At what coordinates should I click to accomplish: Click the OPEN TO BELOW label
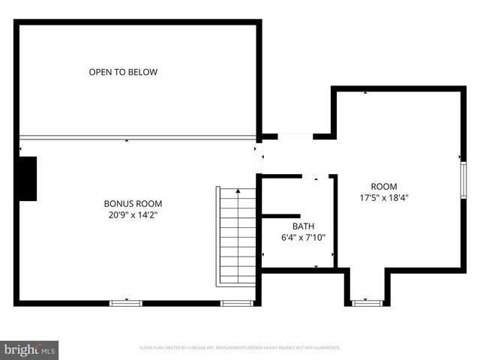(123, 73)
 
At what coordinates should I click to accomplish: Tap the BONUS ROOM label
(133, 203)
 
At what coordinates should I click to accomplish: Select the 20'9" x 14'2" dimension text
(133, 214)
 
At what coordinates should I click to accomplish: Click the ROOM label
(384, 187)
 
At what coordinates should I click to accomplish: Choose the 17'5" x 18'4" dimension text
(384, 198)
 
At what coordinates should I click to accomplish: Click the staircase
(237, 235)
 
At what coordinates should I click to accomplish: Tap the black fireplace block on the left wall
(28, 178)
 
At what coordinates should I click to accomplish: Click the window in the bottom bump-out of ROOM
(367, 303)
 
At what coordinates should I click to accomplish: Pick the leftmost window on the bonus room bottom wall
(126, 303)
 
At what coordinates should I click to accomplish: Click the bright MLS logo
(30, 349)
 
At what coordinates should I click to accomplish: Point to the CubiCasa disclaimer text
(240, 348)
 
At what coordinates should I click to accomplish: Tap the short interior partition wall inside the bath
(280, 216)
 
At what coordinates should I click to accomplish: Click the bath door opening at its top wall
(315, 176)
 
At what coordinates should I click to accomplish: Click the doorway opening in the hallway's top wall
(295, 136)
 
